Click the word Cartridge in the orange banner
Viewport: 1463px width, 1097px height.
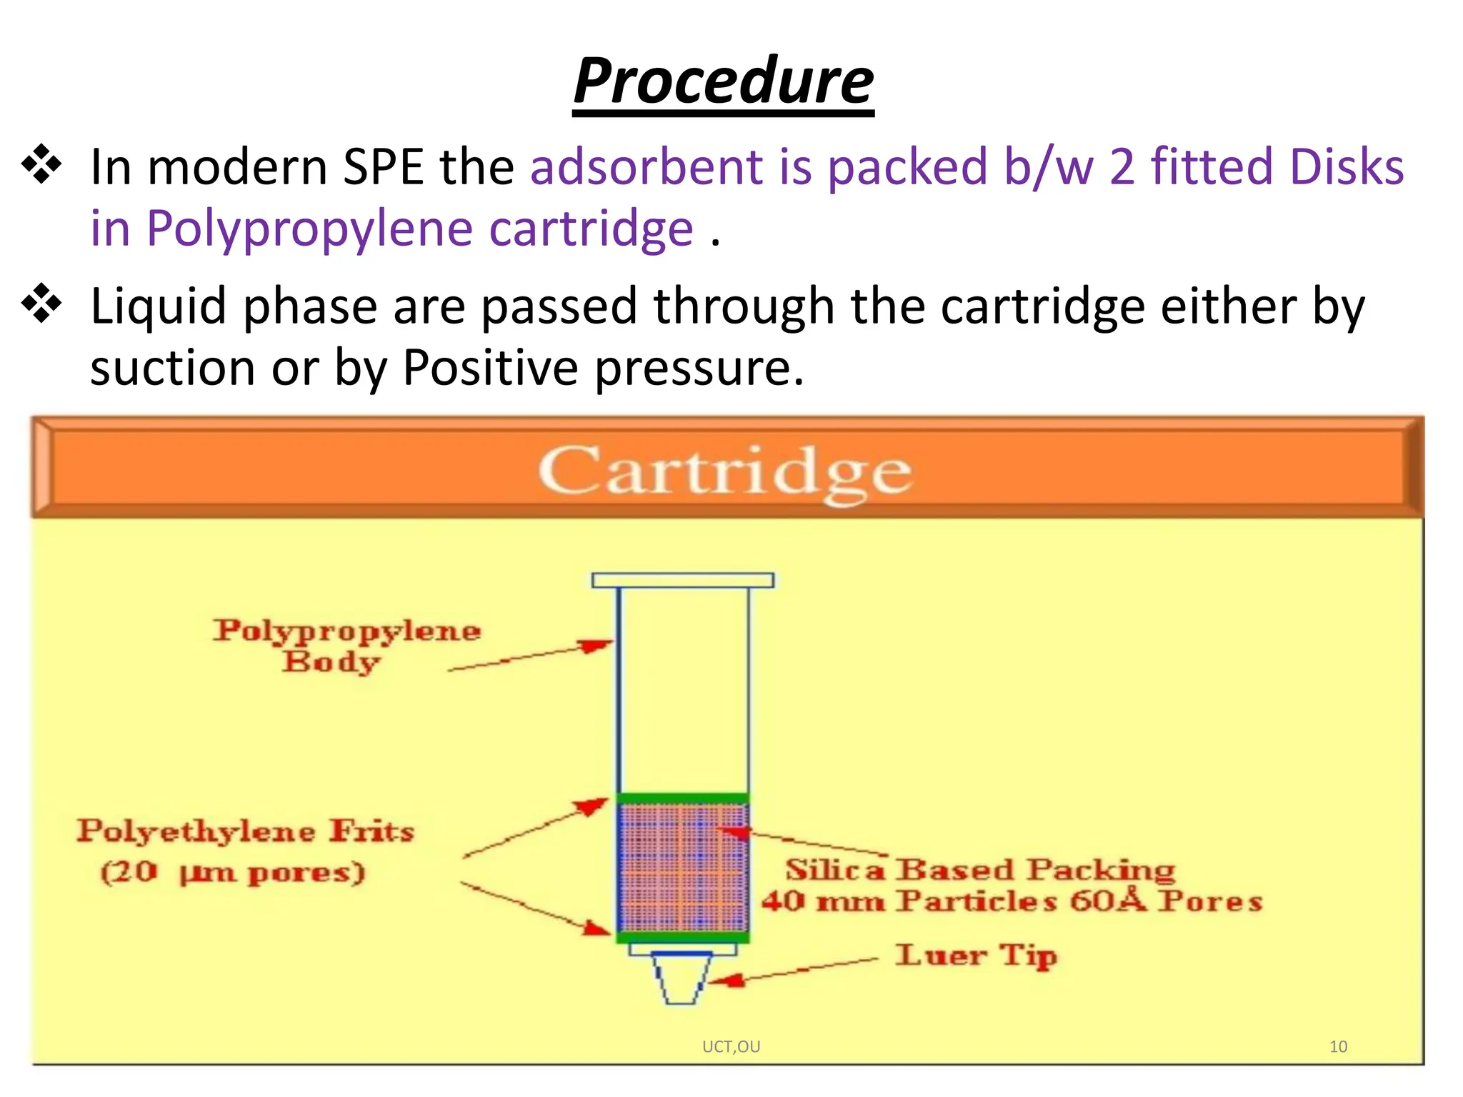pyautogui.click(x=724, y=472)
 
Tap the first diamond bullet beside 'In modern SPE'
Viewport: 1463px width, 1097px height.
pyautogui.click(x=42, y=164)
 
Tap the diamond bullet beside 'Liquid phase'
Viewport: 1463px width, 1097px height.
pyautogui.click(x=42, y=304)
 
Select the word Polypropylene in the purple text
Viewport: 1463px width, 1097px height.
pyautogui.click(x=309, y=229)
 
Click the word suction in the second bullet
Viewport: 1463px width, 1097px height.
pyautogui.click(x=172, y=368)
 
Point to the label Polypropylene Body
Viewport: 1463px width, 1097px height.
pyautogui.click(x=346, y=645)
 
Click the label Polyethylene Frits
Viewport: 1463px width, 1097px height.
pyautogui.click(x=245, y=831)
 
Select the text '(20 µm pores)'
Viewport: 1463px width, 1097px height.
pyautogui.click(x=233, y=872)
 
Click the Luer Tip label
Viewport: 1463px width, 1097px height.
pyautogui.click(x=976, y=955)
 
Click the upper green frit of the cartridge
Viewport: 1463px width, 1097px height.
pyautogui.click(x=682, y=798)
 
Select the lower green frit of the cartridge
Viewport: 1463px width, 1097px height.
pyautogui.click(x=682, y=936)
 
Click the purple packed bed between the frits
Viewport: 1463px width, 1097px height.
pyautogui.click(x=682, y=867)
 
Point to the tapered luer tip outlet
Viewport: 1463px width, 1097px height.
pyautogui.click(x=681, y=978)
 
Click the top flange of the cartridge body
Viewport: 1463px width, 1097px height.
pyautogui.click(x=682, y=580)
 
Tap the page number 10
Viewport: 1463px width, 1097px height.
pyautogui.click(x=1338, y=1047)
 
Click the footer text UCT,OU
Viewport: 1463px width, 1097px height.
pyautogui.click(x=731, y=1047)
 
